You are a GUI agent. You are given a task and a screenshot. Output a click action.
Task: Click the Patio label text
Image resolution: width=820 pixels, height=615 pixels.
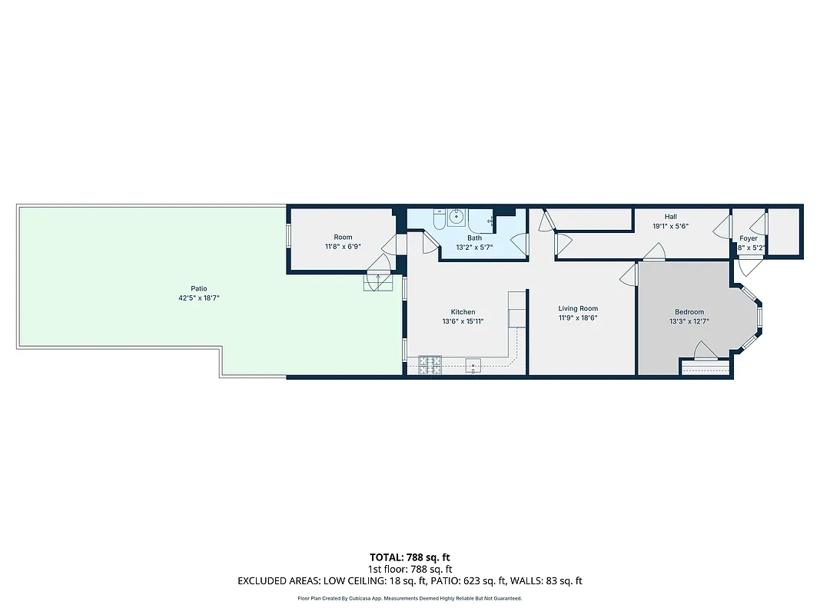199,288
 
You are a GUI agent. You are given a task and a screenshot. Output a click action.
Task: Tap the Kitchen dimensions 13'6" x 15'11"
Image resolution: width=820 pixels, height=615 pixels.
463,322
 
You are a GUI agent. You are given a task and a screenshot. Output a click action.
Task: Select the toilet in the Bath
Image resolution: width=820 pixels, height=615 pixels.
437,220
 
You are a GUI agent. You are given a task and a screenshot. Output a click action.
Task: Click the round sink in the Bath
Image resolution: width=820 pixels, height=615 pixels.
457,217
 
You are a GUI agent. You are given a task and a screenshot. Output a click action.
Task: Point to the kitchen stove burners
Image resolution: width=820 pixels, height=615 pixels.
429,364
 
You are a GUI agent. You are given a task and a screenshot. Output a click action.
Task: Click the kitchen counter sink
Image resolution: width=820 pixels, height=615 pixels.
473,365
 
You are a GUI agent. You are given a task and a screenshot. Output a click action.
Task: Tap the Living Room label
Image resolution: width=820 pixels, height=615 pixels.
578,308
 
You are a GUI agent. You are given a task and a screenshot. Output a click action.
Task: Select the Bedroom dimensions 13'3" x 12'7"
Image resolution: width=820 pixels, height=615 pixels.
689,322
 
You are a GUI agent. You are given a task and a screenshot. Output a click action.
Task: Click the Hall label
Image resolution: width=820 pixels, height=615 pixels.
671,217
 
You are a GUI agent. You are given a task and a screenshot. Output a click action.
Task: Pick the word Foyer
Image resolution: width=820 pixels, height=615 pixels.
749,238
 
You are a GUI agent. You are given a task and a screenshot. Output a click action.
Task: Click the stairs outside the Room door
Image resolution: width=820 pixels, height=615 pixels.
377,281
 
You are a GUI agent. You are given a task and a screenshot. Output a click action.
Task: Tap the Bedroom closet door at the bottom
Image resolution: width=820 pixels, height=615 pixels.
705,352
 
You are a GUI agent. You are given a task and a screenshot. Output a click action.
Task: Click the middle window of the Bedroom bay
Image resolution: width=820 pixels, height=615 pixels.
759,317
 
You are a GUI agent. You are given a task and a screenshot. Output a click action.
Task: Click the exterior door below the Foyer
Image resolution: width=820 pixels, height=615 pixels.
749,267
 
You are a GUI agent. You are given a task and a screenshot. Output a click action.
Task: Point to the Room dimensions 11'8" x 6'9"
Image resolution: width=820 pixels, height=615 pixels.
343,247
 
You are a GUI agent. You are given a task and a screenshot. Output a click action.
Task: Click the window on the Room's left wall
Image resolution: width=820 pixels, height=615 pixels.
289,235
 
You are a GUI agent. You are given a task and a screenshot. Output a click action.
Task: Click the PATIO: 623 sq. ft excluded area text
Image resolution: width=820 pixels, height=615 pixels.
482,581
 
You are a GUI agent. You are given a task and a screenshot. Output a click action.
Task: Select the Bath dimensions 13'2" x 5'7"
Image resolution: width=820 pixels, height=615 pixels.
475,248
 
